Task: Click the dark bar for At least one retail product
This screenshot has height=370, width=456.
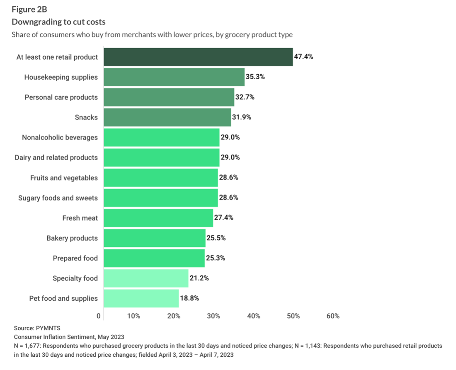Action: [198, 57]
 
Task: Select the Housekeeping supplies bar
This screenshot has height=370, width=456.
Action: [174, 77]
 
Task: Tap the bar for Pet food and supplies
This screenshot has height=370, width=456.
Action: [141, 298]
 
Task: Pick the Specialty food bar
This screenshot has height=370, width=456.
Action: [146, 278]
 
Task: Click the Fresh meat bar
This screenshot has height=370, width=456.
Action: [158, 218]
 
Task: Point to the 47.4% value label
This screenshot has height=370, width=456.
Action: [303, 57]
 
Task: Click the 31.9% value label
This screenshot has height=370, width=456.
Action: [241, 117]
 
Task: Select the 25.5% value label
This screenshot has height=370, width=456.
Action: [216, 238]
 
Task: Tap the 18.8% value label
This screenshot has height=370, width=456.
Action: [189, 298]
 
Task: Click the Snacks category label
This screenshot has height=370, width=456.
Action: [86, 117]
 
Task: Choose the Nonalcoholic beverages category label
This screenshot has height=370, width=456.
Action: [60, 137]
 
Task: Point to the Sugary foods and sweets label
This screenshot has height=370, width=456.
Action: [58, 198]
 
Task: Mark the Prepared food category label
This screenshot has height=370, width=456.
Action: [75, 258]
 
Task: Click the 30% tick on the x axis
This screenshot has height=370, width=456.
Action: [213, 316]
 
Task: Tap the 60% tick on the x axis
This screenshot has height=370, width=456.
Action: [333, 316]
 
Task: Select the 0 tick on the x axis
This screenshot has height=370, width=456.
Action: [99, 316]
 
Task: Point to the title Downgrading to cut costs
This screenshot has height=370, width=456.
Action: [58, 22]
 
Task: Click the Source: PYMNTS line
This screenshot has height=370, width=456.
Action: [37, 328]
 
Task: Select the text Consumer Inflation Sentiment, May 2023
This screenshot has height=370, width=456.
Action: [69, 337]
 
